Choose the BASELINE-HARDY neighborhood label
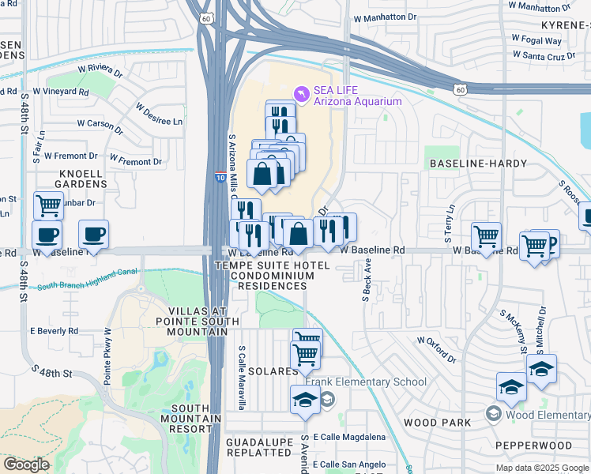pyautogui.click(x=472, y=163)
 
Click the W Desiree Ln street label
pyautogui.click(x=158, y=115)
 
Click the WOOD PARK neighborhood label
pyautogui.click(x=437, y=423)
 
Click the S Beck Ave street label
pyautogui.click(x=367, y=283)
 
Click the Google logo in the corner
pyautogui.click(x=26, y=464)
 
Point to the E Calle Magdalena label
pyautogui.click(x=349, y=437)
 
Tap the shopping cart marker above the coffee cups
pyautogui.click(x=48, y=205)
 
